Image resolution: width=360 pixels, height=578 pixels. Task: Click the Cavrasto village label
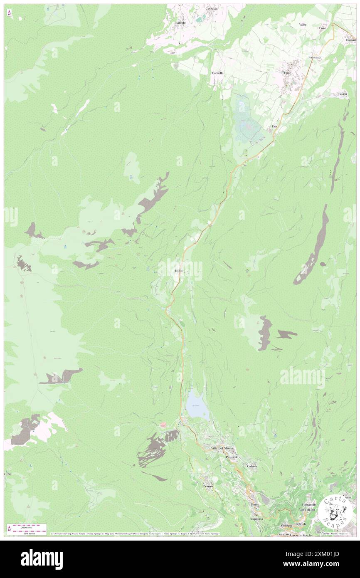[x=212, y=8]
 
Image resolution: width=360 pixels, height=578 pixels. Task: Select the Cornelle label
[x=217, y=73]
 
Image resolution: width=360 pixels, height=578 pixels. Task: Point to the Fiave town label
[x=287, y=73]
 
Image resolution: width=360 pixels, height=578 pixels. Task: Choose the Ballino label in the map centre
[x=180, y=271]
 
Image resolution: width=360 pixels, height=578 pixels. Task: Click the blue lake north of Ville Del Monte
[x=196, y=404]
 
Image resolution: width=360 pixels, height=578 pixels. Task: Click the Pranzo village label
[x=208, y=486]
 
